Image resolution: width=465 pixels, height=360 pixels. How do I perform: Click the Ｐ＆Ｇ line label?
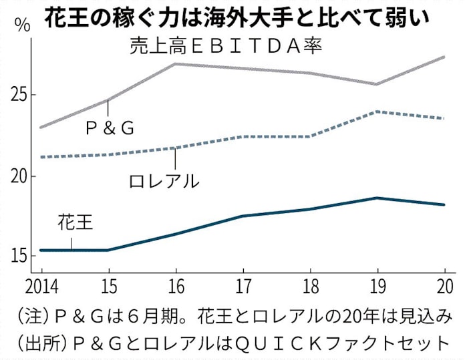pyautogui.click(x=110, y=128)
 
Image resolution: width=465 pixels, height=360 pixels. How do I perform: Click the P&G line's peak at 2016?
pyautogui.click(x=174, y=63)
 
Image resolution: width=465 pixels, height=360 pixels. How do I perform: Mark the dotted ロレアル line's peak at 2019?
pyautogui.click(x=377, y=112)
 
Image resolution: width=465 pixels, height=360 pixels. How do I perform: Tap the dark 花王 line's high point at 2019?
pyautogui.click(x=377, y=198)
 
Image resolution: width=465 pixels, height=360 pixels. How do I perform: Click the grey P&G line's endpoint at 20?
pyautogui.click(x=444, y=57)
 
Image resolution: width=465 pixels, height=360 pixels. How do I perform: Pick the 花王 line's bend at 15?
pyautogui.click(x=108, y=250)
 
